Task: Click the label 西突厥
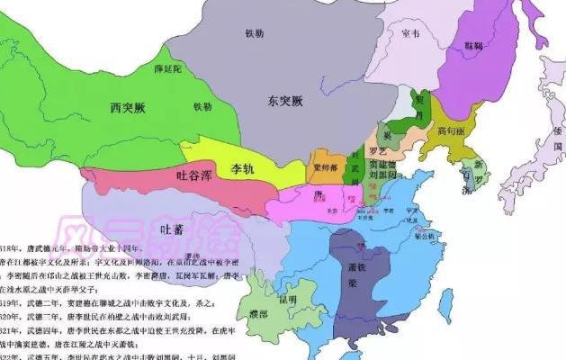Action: tap(129, 107)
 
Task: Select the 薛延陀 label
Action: tap(168, 69)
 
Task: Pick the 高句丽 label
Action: tap(449, 131)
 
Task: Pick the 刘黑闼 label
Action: tap(390, 175)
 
